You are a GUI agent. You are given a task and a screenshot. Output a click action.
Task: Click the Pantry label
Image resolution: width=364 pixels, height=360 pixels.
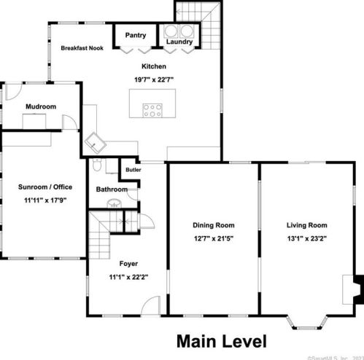pyautogui.click(x=135, y=35)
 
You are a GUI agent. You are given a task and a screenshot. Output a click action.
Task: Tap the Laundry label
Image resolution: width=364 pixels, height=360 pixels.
pyautogui.click(x=179, y=42)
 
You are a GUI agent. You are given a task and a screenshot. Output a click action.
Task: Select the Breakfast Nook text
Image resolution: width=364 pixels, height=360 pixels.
pyautogui.click(x=82, y=48)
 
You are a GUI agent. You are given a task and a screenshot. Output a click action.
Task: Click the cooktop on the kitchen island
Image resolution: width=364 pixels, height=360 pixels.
pyautogui.click(x=152, y=111)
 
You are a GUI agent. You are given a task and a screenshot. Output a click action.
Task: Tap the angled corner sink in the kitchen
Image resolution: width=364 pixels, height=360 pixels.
pyautogui.click(x=96, y=141)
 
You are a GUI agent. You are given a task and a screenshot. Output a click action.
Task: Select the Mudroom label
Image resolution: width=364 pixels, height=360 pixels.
pyautogui.click(x=41, y=107)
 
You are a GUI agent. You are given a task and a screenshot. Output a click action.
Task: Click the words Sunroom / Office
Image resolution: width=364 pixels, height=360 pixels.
pyautogui.click(x=45, y=187)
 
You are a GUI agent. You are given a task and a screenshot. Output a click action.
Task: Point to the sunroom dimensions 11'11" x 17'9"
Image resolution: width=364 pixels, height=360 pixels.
pyautogui.click(x=45, y=199)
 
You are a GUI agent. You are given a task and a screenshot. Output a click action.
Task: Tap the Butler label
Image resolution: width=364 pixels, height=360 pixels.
pyautogui.click(x=133, y=170)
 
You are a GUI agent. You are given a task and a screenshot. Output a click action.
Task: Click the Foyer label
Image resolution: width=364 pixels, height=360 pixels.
pyautogui.click(x=128, y=263)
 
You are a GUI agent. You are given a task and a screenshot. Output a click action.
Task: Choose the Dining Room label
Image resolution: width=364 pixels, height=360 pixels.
pyautogui.click(x=214, y=225)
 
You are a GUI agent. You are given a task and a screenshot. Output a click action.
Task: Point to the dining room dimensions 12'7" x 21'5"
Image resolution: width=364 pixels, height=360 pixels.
pyautogui.click(x=214, y=238)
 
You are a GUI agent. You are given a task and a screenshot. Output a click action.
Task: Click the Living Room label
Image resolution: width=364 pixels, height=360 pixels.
pyautogui.click(x=306, y=225)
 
